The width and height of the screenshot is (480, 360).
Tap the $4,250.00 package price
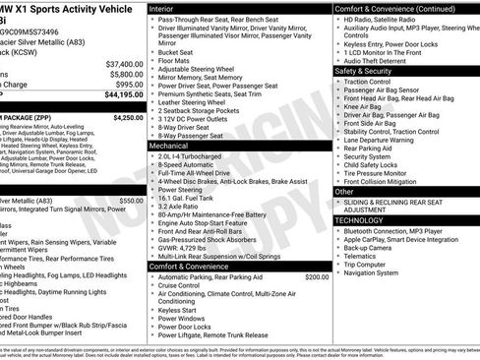(x=128, y=117)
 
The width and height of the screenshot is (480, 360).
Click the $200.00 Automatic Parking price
(x=317, y=277)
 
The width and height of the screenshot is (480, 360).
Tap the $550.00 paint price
(x=131, y=200)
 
